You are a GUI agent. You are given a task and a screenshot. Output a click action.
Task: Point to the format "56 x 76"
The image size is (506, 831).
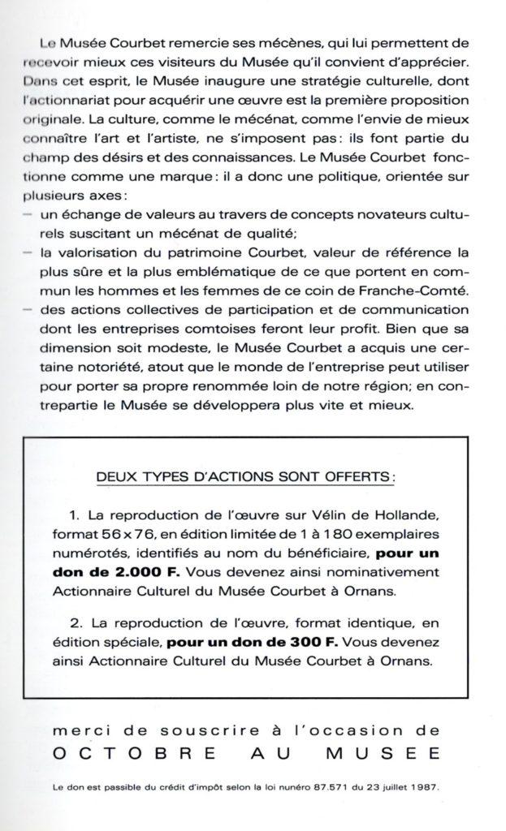click(146, 535)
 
